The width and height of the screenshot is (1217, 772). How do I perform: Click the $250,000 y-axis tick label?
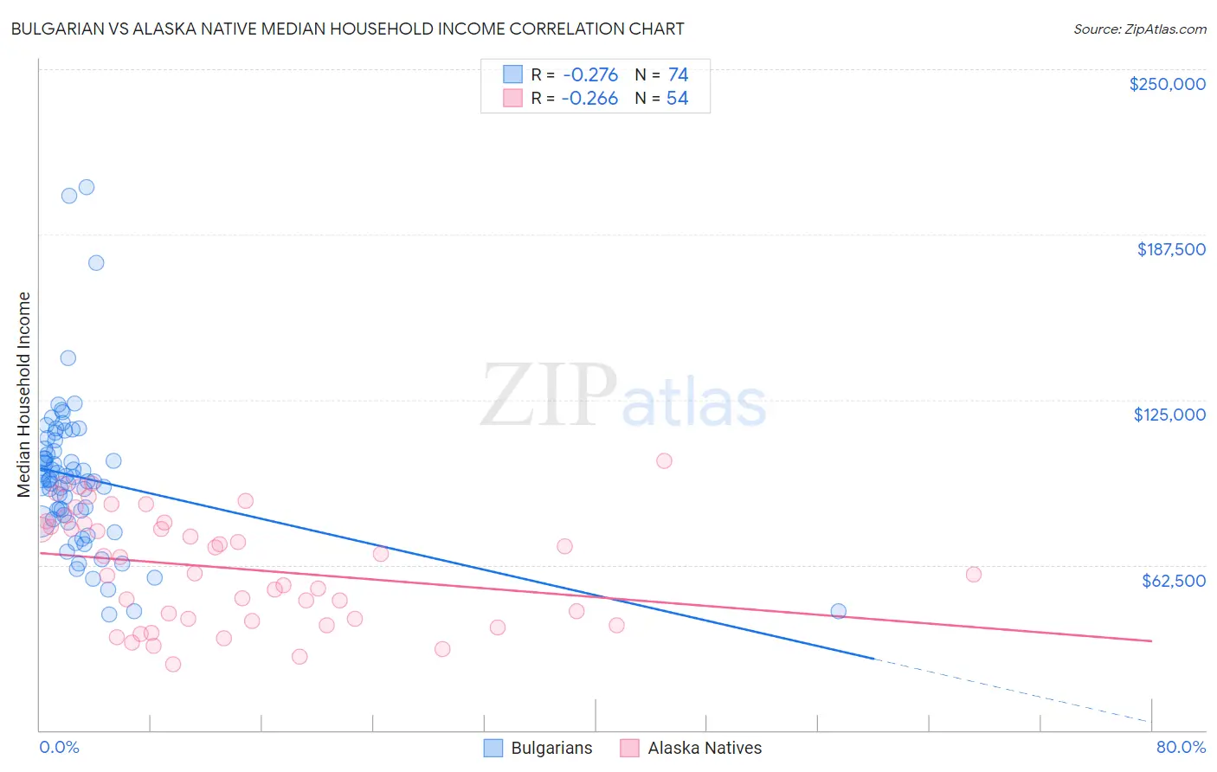(1167, 84)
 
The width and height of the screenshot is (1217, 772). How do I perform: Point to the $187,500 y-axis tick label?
(1170, 249)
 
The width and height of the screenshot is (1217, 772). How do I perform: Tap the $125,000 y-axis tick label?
(1169, 415)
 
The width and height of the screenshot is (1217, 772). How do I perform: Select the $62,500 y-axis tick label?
(1173, 581)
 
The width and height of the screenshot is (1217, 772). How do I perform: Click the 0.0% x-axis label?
(59, 748)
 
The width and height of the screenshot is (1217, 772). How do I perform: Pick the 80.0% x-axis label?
(1181, 748)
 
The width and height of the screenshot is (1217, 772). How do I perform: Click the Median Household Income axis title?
(23, 395)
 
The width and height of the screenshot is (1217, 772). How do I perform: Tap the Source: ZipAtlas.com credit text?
(1139, 29)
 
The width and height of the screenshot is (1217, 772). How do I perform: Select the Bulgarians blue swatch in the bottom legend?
(493, 748)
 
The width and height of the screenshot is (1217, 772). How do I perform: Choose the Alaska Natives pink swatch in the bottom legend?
(629, 748)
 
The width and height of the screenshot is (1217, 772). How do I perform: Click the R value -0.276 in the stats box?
(589, 75)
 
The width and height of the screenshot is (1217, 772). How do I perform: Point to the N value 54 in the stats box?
(677, 99)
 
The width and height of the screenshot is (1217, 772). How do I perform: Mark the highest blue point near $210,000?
(87, 187)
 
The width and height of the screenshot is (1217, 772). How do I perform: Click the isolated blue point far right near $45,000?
(838, 611)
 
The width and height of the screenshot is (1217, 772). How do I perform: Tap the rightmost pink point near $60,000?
(973, 575)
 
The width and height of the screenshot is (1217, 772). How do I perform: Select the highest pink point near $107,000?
(664, 460)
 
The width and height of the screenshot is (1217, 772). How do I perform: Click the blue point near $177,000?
(96, 263)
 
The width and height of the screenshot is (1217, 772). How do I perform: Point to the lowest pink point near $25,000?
(173, 664)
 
